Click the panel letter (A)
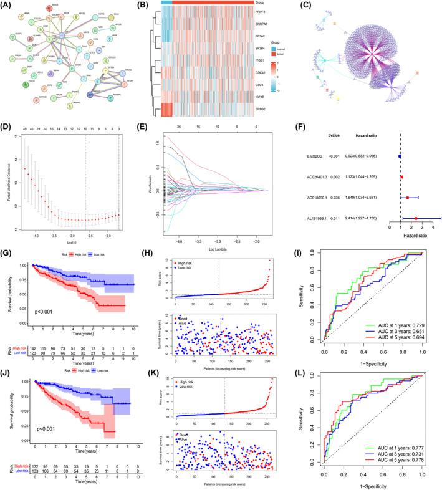[x=9, y=6]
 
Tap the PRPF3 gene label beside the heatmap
[x=279, y=11]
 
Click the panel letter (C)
[x=301, y=6]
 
